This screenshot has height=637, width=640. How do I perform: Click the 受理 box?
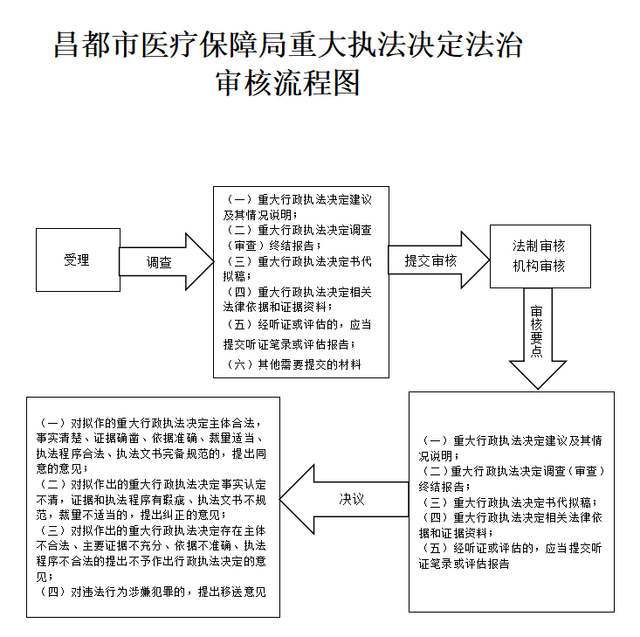point(78,260)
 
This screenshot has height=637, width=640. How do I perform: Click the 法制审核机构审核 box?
point(540,256)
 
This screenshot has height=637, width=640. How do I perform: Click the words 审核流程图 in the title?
point(288,83)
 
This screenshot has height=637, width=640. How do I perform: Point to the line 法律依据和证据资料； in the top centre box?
point(278,308)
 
